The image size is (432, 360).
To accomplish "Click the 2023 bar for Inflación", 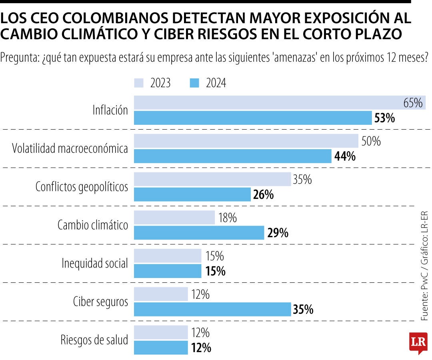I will pyautogui.click(x=280, y=102).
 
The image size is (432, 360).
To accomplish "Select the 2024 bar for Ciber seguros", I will pyautogui.click(x=212, y=309).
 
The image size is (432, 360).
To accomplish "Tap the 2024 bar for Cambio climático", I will pyautogui.click(x=199, y=232).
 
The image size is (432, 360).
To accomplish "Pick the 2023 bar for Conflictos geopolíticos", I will pyautogui.click(x=212, y=179).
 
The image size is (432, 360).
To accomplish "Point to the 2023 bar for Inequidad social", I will pyautogui.click(x=168, y=256).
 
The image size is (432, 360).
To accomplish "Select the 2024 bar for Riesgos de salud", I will pyautogui.click(x=161, y=348).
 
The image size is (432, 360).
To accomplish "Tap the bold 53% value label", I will pyautogui.click(x=385, y=118).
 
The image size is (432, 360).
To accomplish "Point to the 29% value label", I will pyautogui.click(x=278, y=233).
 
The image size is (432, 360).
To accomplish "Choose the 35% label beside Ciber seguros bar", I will pyautogui.click(x=303, y=310).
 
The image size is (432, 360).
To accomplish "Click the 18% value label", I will pyautogui.click(x=228, y=218).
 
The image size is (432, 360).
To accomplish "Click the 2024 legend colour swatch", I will pyautogui.click(x=194, y=83).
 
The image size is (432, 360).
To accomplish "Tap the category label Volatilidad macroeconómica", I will pyautogui.click(x=70, y=149).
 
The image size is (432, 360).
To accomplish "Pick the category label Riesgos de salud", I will pyautogui.click(x=94, y=340).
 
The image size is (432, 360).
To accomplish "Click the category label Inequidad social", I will pyautogui.click(x=95, y=264).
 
